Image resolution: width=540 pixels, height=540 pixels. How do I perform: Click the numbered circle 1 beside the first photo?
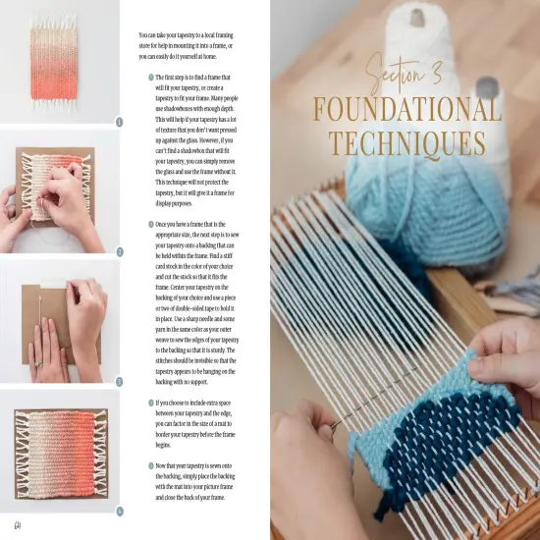[119, 122]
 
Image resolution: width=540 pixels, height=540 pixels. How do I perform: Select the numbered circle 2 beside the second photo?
[119, 251]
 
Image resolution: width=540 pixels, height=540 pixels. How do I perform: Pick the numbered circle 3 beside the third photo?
[119, 381]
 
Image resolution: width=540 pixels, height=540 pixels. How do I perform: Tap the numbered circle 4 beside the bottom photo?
[119, 511]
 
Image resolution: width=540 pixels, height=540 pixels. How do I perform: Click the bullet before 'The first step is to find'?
[149, 77]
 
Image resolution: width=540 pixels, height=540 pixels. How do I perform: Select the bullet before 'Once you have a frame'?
[149, 225]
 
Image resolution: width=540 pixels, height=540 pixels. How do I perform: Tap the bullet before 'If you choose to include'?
[149, 402]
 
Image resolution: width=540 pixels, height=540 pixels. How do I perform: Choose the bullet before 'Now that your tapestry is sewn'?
[149, 465]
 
